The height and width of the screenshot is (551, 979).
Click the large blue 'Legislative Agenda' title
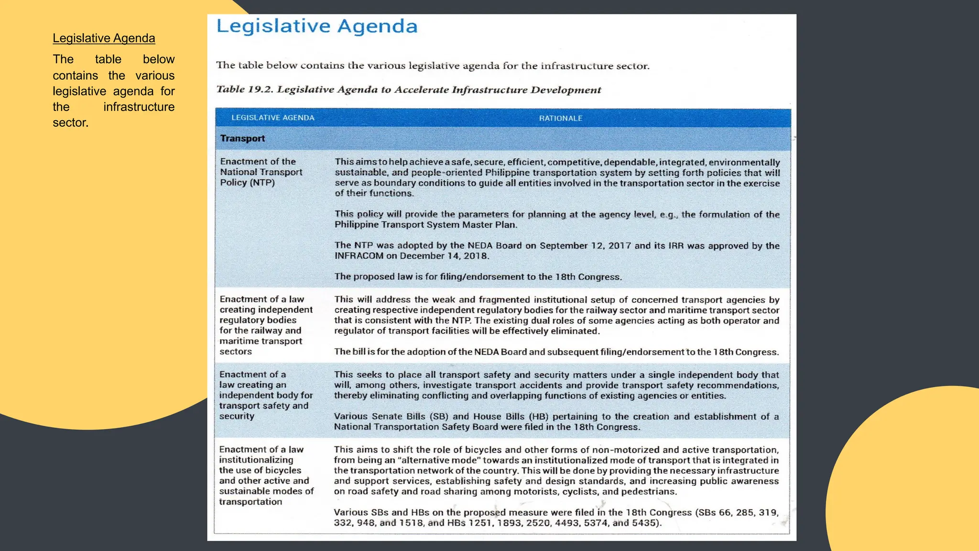[x=317, y=26]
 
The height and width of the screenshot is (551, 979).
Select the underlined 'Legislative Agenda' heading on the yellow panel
[x=104, y=38]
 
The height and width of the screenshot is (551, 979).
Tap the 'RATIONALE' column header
[x=560, y=118]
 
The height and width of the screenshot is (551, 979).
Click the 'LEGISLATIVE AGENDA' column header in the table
[x=272, y=118]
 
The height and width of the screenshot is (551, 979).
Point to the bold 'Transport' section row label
[x=242, y=139]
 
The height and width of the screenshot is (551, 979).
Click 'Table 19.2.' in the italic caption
[x=244, y=89]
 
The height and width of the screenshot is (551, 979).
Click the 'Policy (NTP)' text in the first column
[x=247, y=183]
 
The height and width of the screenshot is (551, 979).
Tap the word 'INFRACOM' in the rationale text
[x=359, y=256]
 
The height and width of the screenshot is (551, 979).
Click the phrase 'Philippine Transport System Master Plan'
[x=424, y=225]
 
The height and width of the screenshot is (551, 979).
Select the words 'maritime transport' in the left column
[x=261, y=341]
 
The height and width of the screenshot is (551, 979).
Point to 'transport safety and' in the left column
[x=263, y=406]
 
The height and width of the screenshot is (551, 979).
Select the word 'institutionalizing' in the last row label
[x=256, y=460]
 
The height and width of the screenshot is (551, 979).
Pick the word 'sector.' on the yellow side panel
[x=71, y=123]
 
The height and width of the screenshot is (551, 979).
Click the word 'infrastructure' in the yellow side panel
[x=139, y=107]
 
